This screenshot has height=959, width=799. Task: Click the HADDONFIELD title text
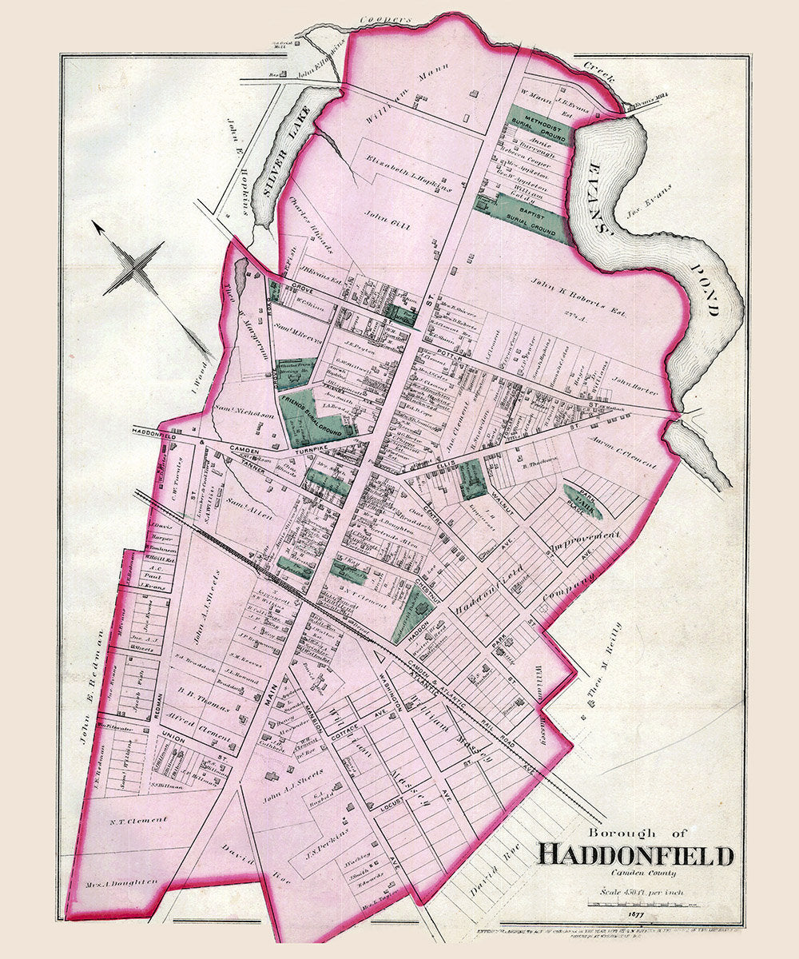pos(635,855)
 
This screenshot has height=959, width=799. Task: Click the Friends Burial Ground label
pos(317,415)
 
